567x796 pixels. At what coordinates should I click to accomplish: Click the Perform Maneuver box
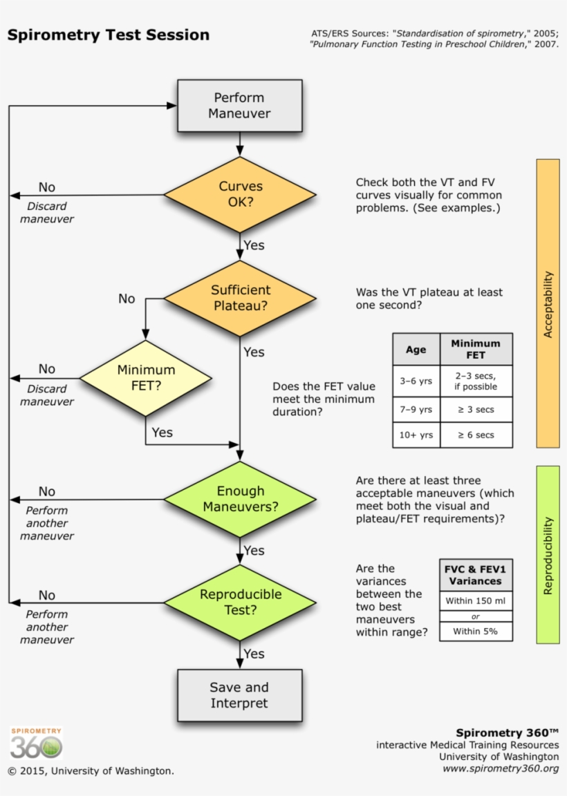[239, 106]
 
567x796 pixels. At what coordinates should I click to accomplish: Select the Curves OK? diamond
[239, 195]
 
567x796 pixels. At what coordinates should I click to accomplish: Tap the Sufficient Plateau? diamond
[239, 298]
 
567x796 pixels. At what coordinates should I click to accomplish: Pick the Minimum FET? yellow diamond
[145, 378]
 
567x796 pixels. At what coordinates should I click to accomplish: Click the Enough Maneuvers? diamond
[239, 499]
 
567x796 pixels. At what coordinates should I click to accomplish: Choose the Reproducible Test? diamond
[239, 602]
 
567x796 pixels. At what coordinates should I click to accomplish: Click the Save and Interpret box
[239, 695]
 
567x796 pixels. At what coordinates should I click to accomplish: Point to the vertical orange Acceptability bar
[548, 304]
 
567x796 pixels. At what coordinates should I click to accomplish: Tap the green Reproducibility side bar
[548, 555]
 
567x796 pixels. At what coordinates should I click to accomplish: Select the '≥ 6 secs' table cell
[476, 435]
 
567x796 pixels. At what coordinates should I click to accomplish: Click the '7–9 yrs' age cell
[416, 410]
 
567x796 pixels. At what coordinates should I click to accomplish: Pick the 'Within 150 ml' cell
[476, 600]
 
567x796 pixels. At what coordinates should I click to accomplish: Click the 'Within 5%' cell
[476, 632]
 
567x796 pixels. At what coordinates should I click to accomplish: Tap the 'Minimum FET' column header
[476, 349]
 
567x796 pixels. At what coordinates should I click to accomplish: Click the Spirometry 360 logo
[36, 745]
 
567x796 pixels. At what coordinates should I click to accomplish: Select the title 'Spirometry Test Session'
[108, 35]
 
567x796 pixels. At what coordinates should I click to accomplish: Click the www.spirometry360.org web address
[500, 769]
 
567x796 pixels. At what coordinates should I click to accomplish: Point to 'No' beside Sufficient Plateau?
[127, 298]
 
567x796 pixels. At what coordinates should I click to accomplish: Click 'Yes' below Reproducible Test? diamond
[254, 654]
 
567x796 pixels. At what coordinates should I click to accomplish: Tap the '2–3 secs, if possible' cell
[476, 381]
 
